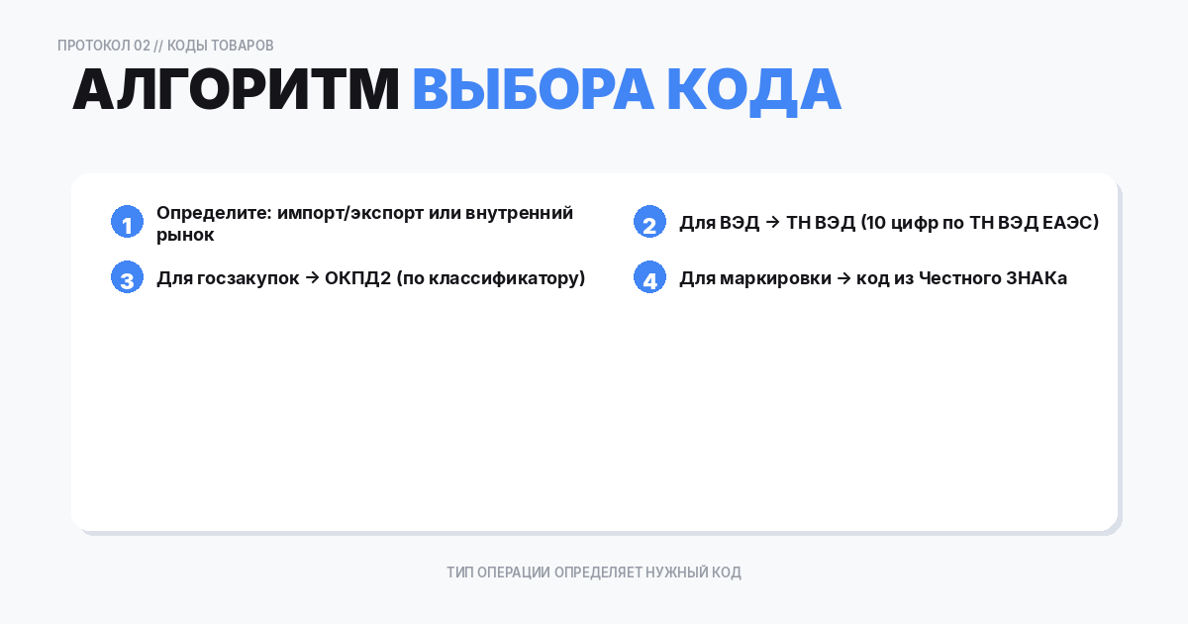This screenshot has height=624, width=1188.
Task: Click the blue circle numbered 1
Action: (128, 223)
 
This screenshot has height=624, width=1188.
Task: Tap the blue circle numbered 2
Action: (649, 223)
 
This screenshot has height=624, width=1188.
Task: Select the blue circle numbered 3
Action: (128, 278)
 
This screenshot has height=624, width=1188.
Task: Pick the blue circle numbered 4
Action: (649, 278)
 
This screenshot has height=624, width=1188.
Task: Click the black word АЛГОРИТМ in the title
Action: (236, 90)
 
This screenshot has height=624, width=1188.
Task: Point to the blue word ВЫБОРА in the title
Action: (533, 90)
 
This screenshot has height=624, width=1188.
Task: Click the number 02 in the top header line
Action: (142, 46)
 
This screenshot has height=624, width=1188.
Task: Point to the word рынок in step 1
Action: (185, 235)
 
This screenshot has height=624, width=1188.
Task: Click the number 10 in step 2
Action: (875, 223)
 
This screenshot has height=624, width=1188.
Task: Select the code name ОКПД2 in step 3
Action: (357, 278)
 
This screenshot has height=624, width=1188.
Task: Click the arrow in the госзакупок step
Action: (312, 278)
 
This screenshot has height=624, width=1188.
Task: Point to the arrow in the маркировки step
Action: (844, 278)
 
